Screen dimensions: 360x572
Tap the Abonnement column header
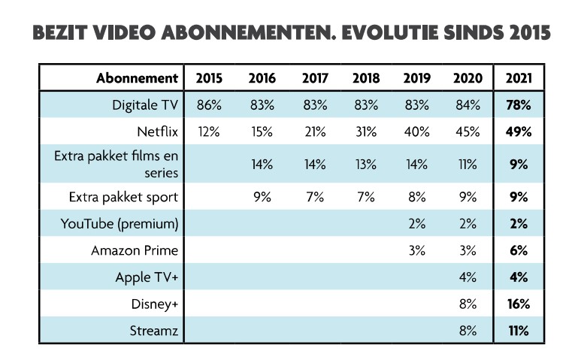point(137,78)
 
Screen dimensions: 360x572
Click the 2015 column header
point(207,78)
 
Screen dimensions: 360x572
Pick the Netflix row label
point(158,132)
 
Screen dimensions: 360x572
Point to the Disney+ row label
point(156,304)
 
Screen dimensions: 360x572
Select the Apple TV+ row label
point(146,277)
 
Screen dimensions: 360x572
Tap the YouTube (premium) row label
point(124,223)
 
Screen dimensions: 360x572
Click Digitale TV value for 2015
point(207,104)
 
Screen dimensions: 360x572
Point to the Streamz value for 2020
point(468,329)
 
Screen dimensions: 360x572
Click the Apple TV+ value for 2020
point(468,277)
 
